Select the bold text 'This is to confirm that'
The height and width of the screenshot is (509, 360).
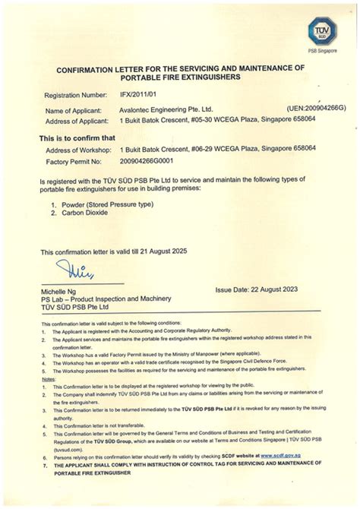point(77,138)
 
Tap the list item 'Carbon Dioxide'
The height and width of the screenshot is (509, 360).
point(86,214)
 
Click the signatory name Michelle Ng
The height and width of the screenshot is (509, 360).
point(62,292)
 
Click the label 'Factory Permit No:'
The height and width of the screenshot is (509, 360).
point(74,162)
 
